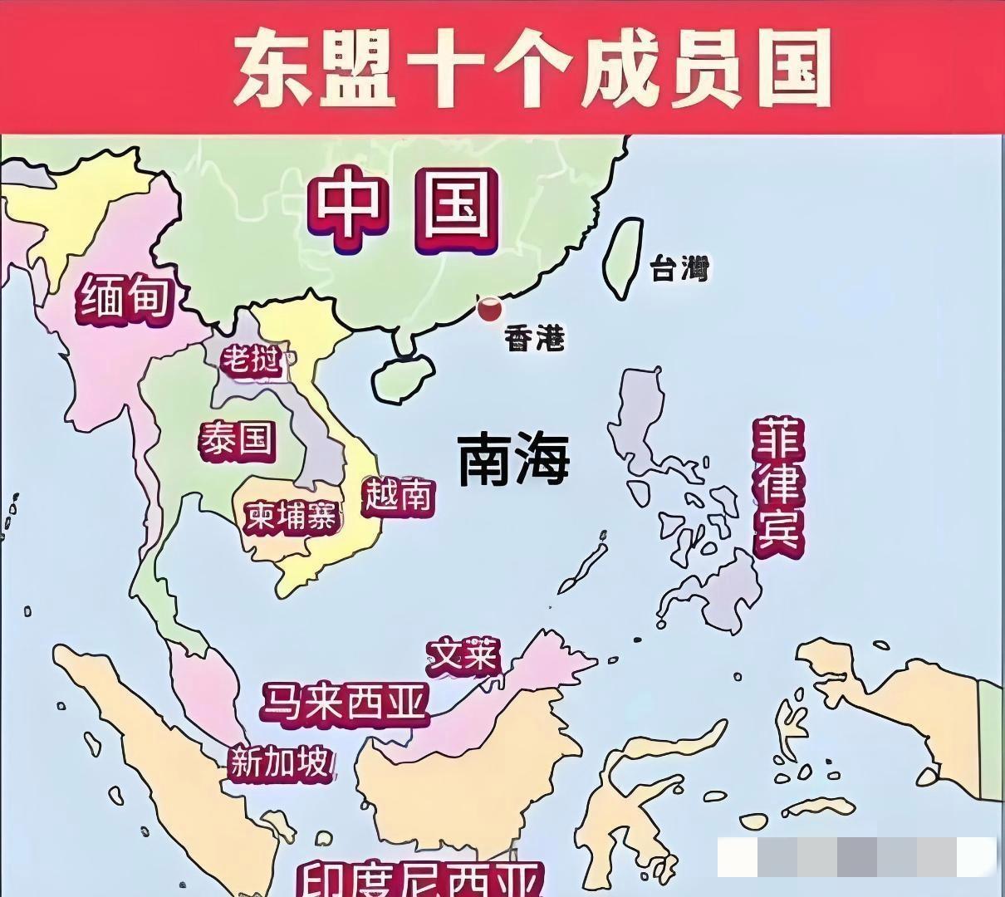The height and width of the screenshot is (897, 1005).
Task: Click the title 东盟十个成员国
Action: (x=532, y=68)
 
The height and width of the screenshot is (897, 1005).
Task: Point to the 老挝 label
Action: (x=250, y=360)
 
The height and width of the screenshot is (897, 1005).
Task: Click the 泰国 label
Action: (x=237, y=439)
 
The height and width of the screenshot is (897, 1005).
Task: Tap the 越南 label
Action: (x=399, y=496)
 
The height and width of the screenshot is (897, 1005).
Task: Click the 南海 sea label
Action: (x=514, y=458)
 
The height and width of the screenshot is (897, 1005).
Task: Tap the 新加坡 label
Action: (x=281, y=762)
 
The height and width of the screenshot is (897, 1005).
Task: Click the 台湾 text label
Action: (x=679, y=268)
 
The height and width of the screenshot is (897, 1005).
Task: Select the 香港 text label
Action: (x=535, y=338)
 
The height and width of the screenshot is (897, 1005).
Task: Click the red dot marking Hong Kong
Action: (x=489, y=310)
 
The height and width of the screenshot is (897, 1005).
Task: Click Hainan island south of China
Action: (x=403, y=378)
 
